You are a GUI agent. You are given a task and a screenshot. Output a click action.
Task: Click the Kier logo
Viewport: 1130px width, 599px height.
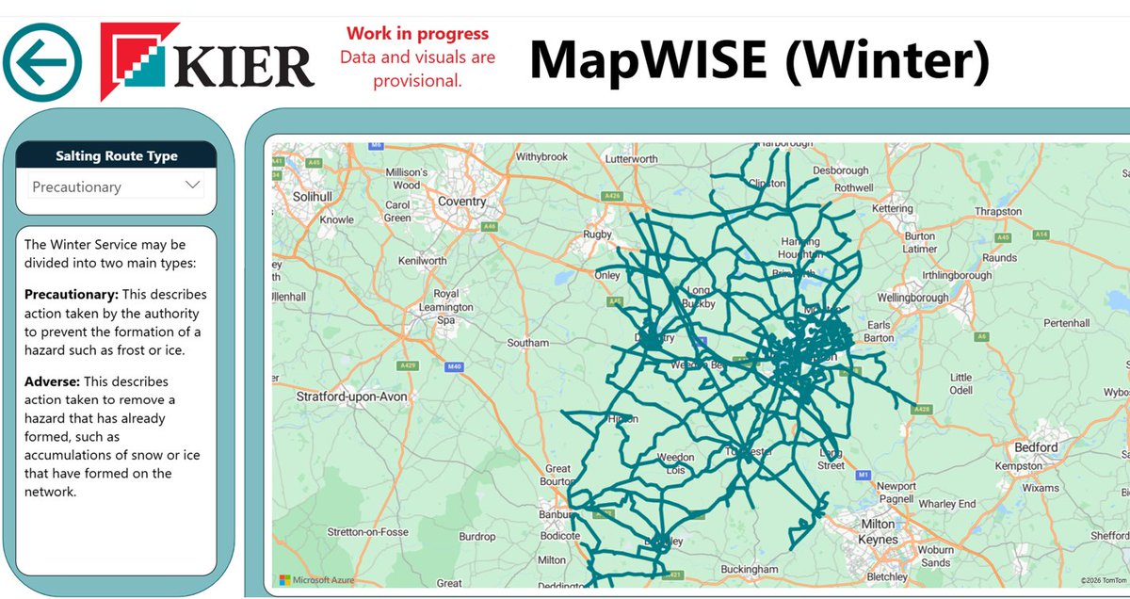pos(207,62)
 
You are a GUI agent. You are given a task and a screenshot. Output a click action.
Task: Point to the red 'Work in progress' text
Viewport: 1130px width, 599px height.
pos(417,34)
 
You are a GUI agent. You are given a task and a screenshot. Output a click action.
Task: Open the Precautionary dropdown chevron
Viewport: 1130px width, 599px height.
pos(193,186)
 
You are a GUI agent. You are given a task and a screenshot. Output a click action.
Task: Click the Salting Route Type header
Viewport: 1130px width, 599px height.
pos(116,156)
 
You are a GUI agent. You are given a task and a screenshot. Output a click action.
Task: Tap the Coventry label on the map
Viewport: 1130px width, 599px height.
pos(462,202)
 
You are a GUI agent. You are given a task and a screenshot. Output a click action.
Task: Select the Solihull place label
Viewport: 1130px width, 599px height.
pos(312,196)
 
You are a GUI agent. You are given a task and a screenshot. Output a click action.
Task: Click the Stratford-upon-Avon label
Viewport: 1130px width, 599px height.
pos(352,397)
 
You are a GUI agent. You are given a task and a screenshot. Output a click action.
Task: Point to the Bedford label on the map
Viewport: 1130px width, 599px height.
pos(1035,447)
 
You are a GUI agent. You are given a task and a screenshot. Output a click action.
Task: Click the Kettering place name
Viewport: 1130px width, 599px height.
pos(893,208)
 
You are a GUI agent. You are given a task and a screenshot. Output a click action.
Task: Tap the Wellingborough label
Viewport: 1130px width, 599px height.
pos(912,299)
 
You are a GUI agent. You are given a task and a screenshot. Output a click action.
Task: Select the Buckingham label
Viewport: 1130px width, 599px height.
pos(749,570)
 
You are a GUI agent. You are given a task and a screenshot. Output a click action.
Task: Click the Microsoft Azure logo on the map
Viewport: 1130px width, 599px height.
pos(316,579)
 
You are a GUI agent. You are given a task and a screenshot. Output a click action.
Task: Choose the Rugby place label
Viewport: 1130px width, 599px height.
pos(598,235)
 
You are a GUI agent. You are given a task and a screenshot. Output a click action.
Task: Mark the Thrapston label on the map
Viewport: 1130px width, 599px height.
pos(999,212)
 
